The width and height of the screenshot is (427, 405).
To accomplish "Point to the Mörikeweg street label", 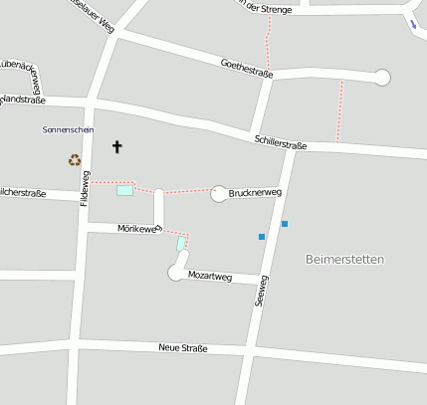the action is click(x=138, y=229).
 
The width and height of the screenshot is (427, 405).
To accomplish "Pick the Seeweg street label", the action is click(x=261, y=290).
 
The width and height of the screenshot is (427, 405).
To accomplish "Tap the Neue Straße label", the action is click(x=183, y=348).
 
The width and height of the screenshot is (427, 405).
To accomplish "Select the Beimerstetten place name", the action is click(x=343, y=259).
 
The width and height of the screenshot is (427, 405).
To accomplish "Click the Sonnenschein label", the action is click(x=69, y=129).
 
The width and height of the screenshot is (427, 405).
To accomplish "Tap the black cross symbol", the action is click(x=116, y=147).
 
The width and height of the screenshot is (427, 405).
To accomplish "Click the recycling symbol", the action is click(x=74, y=159).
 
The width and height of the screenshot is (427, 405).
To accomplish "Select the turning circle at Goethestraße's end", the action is click(x=382, y=77).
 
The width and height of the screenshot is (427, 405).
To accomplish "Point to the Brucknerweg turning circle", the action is click(x=219, y=194).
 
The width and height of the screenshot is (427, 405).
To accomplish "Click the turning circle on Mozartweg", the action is click(x=176, y=272).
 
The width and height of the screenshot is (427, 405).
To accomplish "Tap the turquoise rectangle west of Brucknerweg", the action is click(x=124, y=190).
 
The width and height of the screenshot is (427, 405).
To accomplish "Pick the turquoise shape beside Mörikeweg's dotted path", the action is click(x=180, y=243).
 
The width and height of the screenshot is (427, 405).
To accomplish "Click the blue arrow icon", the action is click(x=413, y=25).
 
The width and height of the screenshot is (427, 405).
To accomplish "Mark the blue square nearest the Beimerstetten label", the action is click(x=284, y=224).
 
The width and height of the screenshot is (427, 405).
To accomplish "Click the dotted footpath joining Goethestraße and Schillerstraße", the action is click(x=340, y=110).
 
